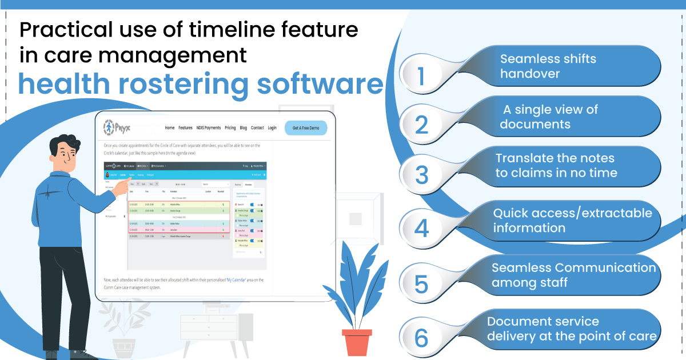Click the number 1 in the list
pos(421,76)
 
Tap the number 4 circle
pos(421,227)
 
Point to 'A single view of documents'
pos(549,117)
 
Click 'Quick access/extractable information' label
pos(572,221)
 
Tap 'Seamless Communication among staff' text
pos(573,275)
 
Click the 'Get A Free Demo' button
pos(306,127)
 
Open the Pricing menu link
pos(230,128)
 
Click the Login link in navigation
pos(272,128)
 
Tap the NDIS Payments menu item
pos(208,128)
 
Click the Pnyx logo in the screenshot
pos(117,127)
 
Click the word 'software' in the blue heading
pos(320,84)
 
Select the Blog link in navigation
pos(244,128)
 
